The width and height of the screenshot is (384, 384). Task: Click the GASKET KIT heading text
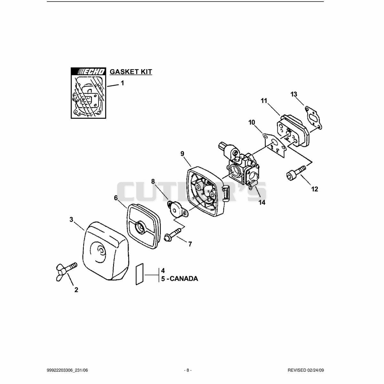tap(131, 72)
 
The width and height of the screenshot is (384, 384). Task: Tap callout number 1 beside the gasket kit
tap(123, 83)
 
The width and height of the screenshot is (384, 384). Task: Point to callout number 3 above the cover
tap(71, 220)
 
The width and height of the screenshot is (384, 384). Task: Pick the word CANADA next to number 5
tap(184, 278)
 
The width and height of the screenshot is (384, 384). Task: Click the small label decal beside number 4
tap(140, 274)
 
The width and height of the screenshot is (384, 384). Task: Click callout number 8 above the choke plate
tap(153, 181)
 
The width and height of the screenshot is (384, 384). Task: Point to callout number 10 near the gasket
tap(252, 122)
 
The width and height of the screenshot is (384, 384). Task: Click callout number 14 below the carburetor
tap(262, 203)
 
